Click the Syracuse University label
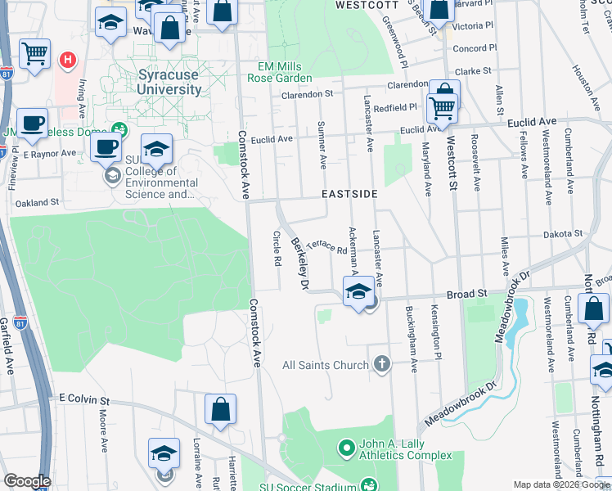click(169, 82)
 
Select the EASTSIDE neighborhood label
click(349, 194)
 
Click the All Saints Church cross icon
click(381, 364)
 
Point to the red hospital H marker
click(68, 60)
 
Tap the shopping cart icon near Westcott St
click(442, 106)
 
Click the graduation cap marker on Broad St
click(358, 291)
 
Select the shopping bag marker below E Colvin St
click(220, 409)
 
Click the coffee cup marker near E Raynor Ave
click(106, 147)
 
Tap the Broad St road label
click(466, 293)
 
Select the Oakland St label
click(37, 202)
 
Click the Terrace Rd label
click(327, 246)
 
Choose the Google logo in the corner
click(27, 481)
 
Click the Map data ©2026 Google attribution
click(561, 484)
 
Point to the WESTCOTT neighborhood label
click(364, 5)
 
